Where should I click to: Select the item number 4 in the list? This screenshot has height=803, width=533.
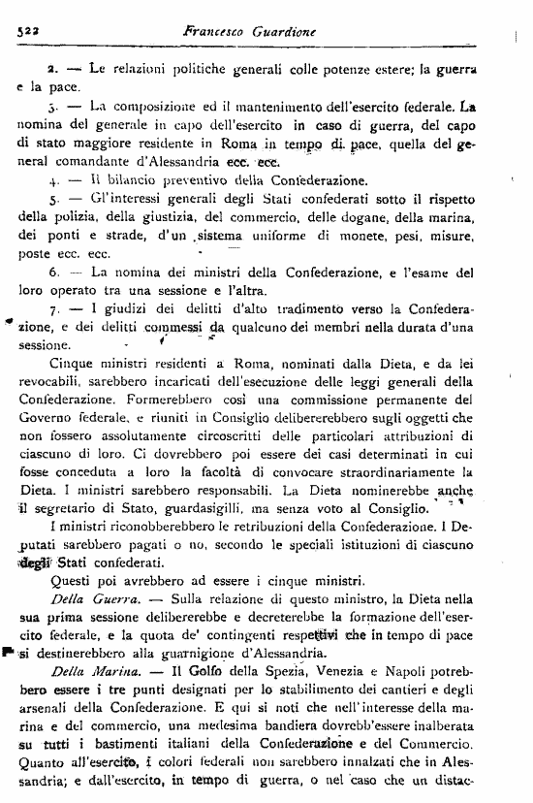52,180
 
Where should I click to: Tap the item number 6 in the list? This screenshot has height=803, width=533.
53,273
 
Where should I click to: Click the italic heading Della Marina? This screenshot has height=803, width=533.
83,670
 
